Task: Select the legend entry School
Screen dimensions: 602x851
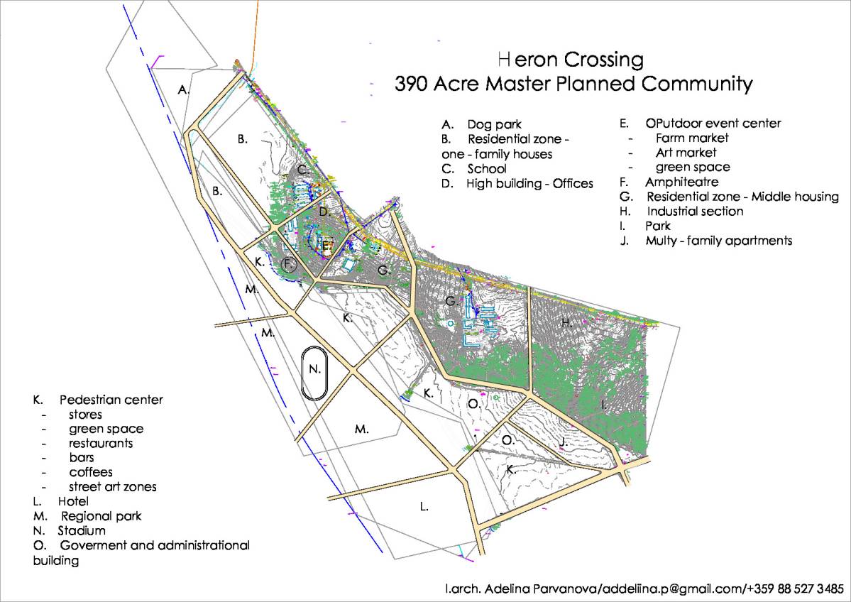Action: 486,169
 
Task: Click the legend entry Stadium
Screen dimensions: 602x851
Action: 81,531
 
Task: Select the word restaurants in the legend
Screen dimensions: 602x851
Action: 100,443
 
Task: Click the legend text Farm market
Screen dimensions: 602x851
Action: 691,138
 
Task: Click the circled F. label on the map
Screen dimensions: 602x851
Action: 288,265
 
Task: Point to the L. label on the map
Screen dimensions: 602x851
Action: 424,507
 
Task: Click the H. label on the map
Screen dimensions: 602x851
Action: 566,323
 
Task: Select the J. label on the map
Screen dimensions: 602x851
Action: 562,442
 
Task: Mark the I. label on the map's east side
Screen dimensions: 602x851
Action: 603,405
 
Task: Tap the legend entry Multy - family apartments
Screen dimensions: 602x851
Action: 718,241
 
